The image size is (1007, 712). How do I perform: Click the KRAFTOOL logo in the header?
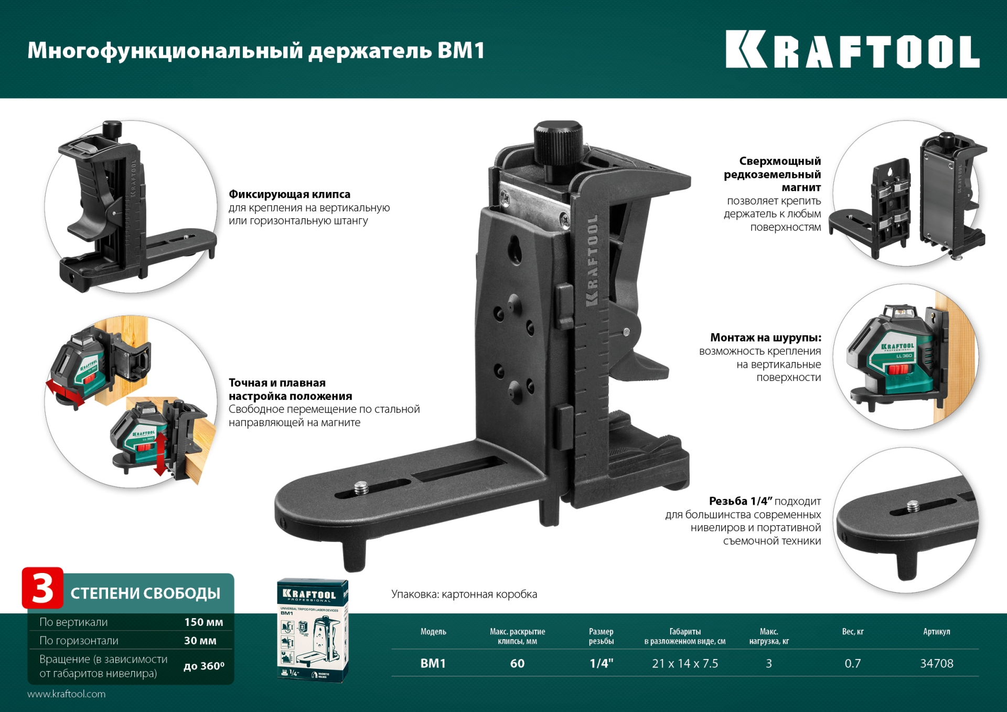tap(852, 50)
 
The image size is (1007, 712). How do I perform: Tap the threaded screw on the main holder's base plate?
tap(361, 489)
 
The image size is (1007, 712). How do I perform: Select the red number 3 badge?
tap(42, 588)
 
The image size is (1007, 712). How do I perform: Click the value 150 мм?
tap(203, 622)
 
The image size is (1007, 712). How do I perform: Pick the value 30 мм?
tap(200, 641)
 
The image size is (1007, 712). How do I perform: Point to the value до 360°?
tap(203, 666)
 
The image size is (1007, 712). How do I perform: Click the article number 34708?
tap(936, 664)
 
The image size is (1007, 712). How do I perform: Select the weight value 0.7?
tap(852, 664)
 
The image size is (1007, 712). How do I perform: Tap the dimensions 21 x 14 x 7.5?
tap(684, 664)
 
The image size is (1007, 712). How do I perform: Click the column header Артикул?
tap(936, 632)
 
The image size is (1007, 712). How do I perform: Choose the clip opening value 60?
tap(517, 664)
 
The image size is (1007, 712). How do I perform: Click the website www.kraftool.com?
tap(67, 694)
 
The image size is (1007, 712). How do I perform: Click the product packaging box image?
tap(313, 630)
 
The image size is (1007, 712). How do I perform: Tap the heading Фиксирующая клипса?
tap(289, 195)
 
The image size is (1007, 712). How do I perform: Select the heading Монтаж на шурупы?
tap(765, 338)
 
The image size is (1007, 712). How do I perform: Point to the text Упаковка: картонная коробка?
tap(464, 594)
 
